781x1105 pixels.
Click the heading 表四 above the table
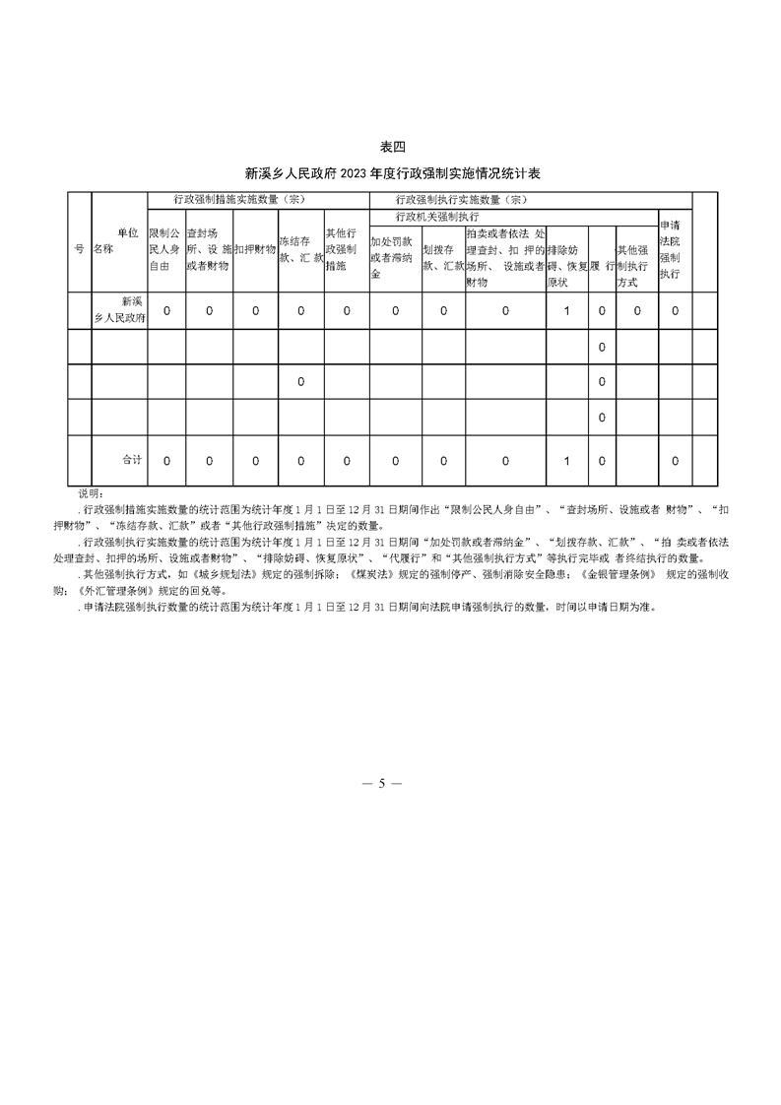click(x=392, y=148)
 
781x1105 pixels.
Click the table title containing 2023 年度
click(x=392, y=173)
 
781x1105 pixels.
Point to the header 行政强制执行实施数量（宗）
click(x=462, y=199)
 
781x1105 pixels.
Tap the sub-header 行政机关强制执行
click(x=436, y=215)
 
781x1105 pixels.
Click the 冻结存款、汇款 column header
click(x=300, y=249)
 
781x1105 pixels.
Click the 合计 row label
click(x=132, y=460)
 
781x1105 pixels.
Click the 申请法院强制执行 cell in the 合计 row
click(x=675, y=460)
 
